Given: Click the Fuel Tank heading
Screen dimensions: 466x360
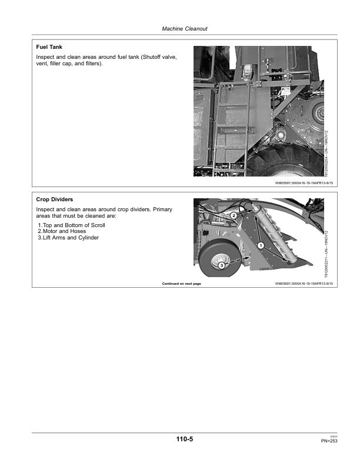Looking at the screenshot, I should tap(49, 46).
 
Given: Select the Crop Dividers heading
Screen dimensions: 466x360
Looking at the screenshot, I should tap(54, 199).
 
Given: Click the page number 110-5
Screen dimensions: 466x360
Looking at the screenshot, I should tap(184, 438).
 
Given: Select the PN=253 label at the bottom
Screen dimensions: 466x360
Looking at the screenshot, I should tap(328, 440).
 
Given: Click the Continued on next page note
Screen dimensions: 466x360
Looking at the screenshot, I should tap(181, 284).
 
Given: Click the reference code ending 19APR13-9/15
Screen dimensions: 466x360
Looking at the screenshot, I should tap(304, 284).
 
